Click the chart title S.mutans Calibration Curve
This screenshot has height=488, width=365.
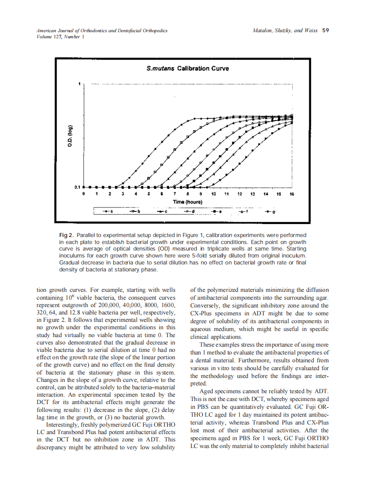[188, 68]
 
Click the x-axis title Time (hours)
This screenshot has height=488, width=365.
[188, 202]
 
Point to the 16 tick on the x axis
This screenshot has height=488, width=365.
[292, 194]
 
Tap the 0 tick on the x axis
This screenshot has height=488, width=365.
[84, 194]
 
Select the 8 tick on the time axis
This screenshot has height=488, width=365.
[188, 194]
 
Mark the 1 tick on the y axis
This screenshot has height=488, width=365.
[79, 84]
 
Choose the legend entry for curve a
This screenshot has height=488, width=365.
[108, 212]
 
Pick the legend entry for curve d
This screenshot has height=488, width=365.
[189, 212]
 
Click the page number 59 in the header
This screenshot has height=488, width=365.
[325, 30]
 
